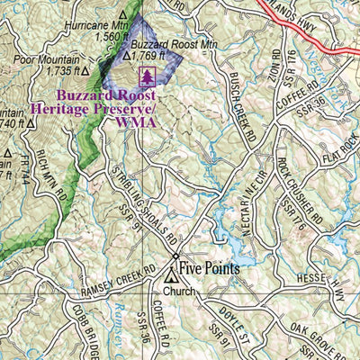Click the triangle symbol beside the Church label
[x=169, y=290]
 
